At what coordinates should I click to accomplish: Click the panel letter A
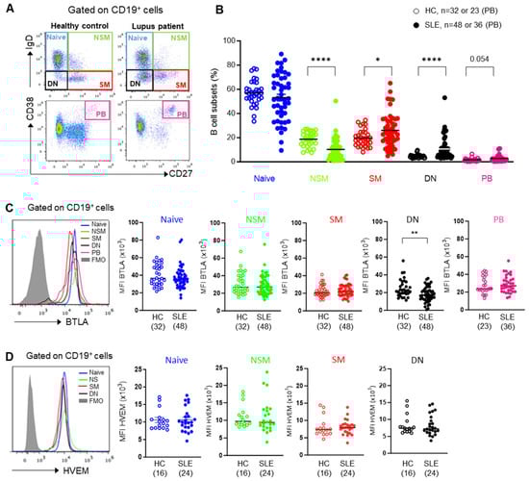[7, 9]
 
